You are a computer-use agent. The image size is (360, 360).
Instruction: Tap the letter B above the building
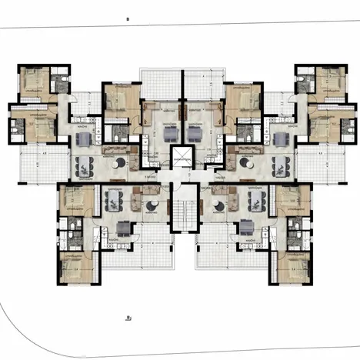click(127, 16)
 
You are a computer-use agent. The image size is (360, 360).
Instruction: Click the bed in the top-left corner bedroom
click(35, 80)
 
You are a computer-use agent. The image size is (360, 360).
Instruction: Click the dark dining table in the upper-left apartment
click(84, 164)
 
